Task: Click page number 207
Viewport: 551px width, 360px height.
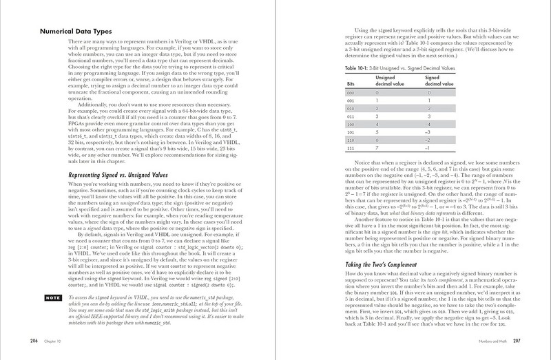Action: pyautogui.click(x=516, y=341)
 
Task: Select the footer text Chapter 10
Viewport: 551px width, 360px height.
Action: pyautogui.click(x=56, y=341)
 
